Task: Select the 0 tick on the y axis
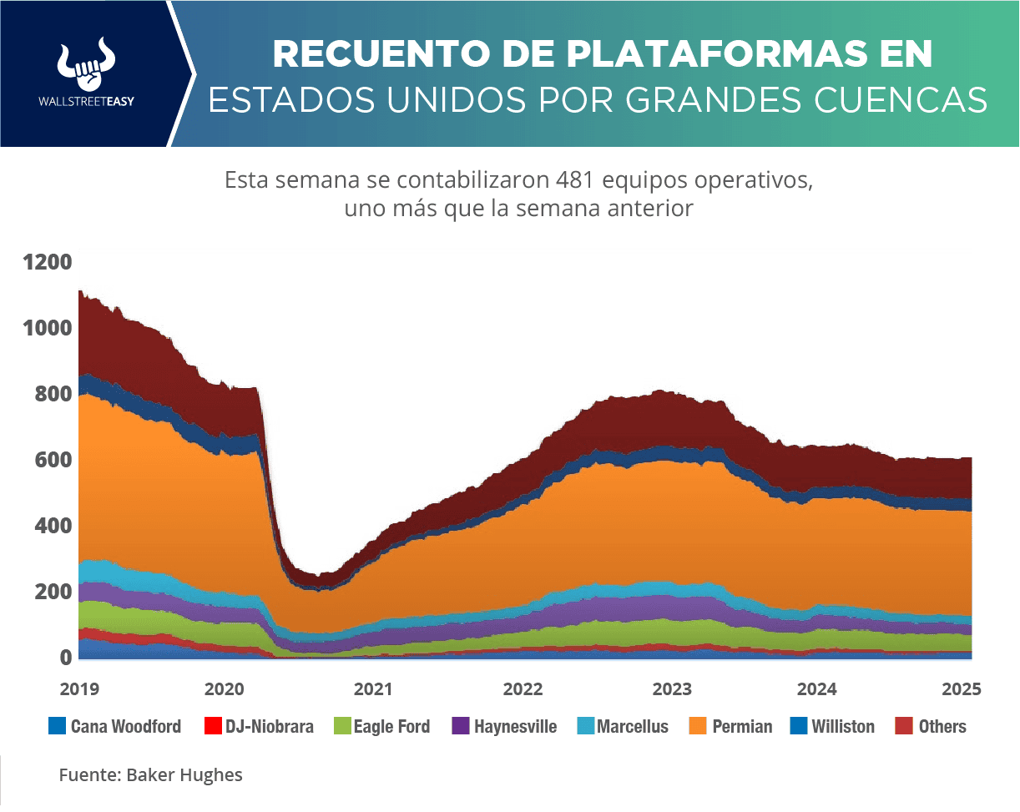tap(64, 658)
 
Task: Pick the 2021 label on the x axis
tap(372, 689)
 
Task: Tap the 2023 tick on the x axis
tap(670, 689)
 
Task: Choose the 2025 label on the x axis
tap(962, 689)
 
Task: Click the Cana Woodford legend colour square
tap(57, 726)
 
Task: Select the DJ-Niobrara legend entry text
tap(270, 726)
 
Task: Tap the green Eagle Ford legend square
tap(341, 726)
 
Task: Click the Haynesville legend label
tap(515, 726)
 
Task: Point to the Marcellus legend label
tap(633, 726)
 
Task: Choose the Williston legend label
tap(843, 726)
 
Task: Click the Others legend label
tap(942, 726)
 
